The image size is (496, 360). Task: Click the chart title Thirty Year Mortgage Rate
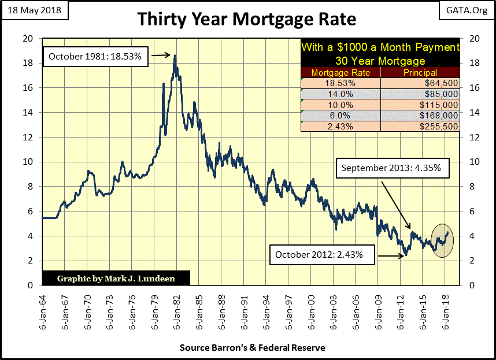point(247,20)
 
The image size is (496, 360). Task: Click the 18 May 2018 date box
point(35,10)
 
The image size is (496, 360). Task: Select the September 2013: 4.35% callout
point(391,169)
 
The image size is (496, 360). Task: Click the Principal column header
point(421,73)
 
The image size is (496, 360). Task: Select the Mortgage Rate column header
point(341,73)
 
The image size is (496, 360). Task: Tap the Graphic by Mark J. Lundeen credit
point(116,279)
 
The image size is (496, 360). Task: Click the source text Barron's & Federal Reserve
point(252,348)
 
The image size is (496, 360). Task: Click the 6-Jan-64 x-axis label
point(42,312)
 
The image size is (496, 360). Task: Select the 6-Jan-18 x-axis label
point(445,312)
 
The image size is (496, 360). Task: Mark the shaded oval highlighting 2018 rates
point(443,240)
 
